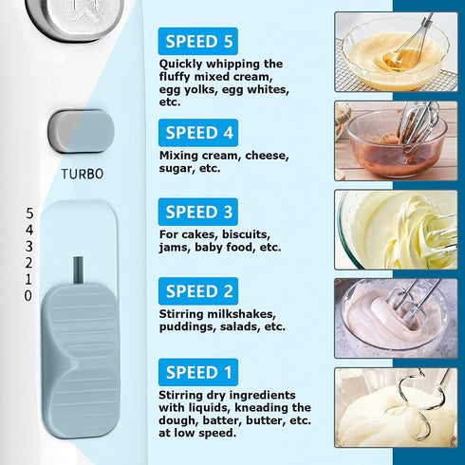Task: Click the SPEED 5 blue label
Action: click(198, 41)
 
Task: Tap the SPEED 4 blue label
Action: click(198, 133)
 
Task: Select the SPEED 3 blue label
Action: click(198, 212)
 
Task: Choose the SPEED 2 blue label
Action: click(198, 291)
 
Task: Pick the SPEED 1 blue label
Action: click(198, 372)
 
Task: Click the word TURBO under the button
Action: click(83, 174)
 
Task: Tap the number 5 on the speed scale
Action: click(29, 214)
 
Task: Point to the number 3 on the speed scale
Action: click(29, 246)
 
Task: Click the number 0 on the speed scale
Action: click(28, 296)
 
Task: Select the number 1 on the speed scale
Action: click(28, 279)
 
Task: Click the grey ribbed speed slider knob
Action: click(81, 361)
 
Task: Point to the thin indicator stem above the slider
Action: click(78, 270)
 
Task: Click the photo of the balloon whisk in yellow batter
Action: click(396, 52)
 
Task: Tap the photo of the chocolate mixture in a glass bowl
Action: click(396, 140)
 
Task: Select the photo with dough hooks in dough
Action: click(396, 407)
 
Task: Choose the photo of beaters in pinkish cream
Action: click(396, 318)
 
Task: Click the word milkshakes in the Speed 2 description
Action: click(241, 314)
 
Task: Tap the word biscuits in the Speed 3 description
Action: click(246, 234)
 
